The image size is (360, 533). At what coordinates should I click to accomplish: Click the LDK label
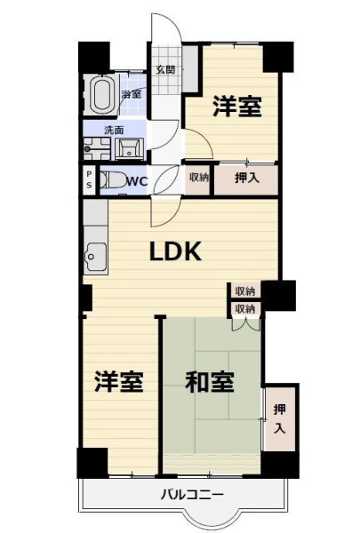(x=176, y=251)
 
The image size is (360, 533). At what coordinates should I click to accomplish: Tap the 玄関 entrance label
(x=165, y=70)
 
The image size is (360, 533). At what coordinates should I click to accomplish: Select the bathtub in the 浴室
(x=101, y=94)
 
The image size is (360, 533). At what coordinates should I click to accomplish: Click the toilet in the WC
(x=113, y=179)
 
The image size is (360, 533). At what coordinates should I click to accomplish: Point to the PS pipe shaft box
(x=89, y=179)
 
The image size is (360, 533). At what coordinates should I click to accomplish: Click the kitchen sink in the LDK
(x=96, y=257)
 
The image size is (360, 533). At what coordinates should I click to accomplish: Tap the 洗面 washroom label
(x=114, y=131)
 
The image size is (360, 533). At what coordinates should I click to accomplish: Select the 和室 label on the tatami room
(x=210, y=382)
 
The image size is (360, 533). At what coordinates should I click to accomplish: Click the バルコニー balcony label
(x=192, y=494)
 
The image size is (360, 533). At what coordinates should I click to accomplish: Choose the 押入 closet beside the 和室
(x=280, y=418)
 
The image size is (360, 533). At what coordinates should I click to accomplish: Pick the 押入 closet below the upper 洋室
(x=246, y=179)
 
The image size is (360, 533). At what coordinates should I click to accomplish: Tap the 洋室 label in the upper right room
(x=237, y=107)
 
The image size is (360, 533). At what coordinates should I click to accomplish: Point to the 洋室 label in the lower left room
(x=119, y=382)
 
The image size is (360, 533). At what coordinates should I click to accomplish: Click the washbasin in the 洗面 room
(x=129, y=148)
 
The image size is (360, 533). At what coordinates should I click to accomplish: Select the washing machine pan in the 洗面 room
(x=97, y=148)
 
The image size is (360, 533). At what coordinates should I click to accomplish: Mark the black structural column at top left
(x=94, y=57)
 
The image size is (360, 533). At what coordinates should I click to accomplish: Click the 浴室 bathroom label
(x=132, y=94)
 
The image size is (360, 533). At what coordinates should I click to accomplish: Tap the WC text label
(x=137, y=181)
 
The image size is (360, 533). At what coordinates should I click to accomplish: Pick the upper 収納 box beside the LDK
(x=245, y=291)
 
